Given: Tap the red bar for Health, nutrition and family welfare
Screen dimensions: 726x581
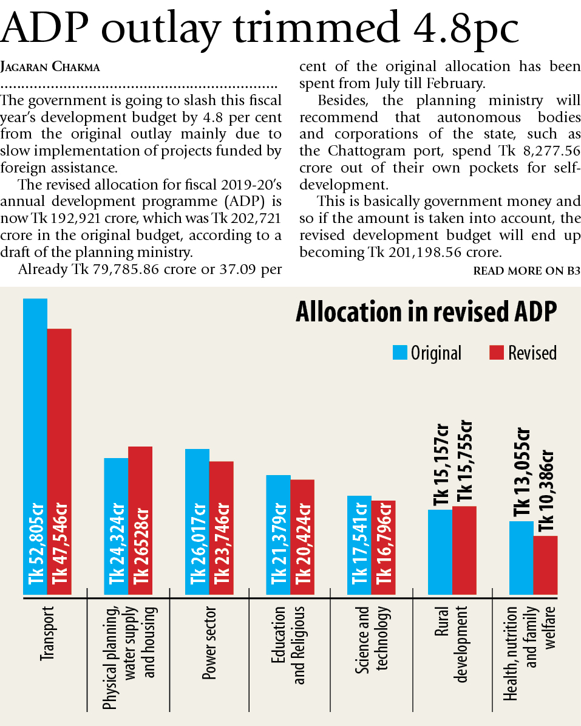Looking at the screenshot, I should click(545, 565).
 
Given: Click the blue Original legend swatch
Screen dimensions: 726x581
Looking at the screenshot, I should click(399, 352).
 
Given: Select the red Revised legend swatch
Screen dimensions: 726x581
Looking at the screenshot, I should click(497, 352).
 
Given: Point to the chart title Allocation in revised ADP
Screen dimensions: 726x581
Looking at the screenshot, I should click(426, 312).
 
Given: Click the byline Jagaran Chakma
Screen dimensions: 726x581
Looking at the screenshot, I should click(51, 67).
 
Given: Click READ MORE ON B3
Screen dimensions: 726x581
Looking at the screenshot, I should click(526, 271).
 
